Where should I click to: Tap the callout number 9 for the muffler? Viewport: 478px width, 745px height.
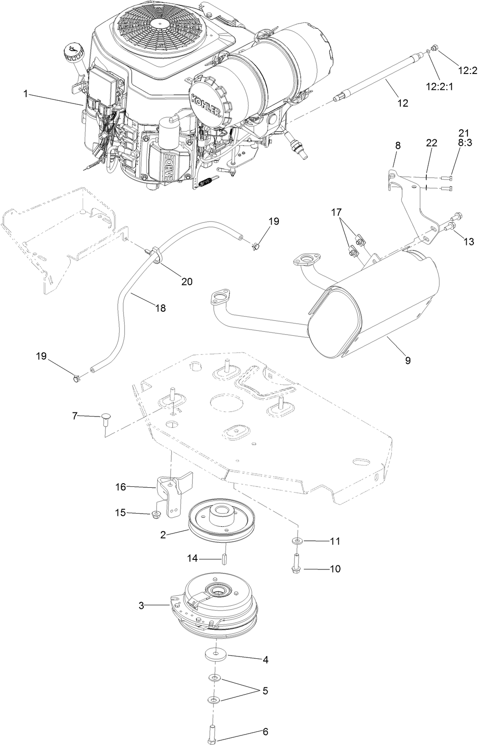pyautogui.click(x=408, y=360)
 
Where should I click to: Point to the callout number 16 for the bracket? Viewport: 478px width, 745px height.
pyautogui.click(x=121, y=487)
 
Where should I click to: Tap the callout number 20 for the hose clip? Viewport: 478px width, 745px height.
pyautogui.click(x=187, y=281)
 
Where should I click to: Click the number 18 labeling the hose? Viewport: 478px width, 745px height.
pyautogui.click(x=160, y=308)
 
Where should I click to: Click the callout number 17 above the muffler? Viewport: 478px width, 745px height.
pyautogui.click(x=337, y=211)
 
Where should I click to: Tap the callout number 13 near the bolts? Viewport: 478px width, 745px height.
pyautogui.click(x=469, y=242)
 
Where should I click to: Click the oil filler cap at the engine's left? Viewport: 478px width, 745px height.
pyautogui.click(x=73, y=53)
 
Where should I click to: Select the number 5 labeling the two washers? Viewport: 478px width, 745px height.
pyautogui.click(x=265, y=691)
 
